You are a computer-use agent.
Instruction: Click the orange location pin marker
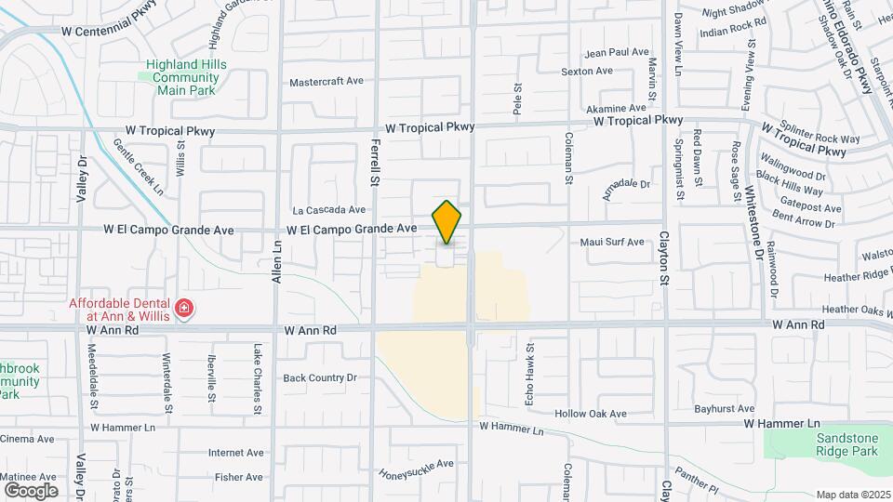pyautogui.click(x=447, y=222)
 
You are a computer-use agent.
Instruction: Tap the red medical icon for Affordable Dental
pyautogui.click(x=184, y=308)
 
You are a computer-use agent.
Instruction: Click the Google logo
pyautogui.click(x=31, y=490)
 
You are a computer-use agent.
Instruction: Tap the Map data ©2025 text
pyautogui.click(x=853, y=495)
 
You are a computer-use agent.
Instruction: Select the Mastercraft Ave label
pyautogui.click(x=326, y=82)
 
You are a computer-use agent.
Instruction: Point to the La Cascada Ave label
pyautogui.click(x=327, y=210)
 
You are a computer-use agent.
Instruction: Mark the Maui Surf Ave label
pyautogui.click(x=612, y=243)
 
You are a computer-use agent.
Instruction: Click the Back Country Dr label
pyautogui.click(x=320, y=377)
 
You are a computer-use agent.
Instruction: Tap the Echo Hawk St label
pyautogui.click(x=531, y=364)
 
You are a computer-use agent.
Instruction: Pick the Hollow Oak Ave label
pyautogui.click(x=591, y=414)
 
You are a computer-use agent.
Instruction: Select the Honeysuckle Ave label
pyautogui.click(x=416, y=469)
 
